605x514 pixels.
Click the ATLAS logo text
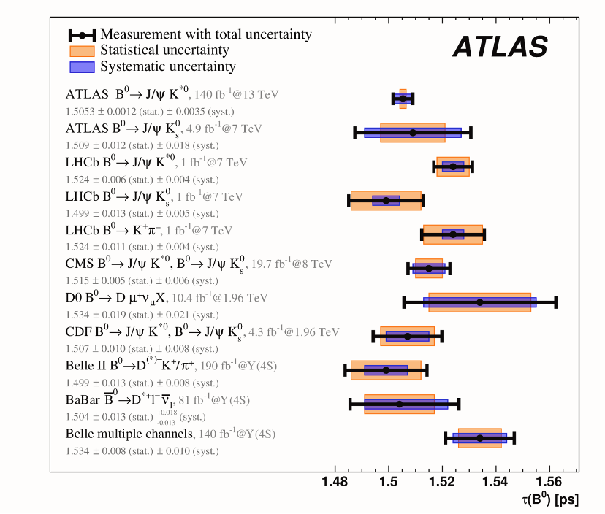pyautogui.click(x=500, y=47)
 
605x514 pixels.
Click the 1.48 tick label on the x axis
pyautogui.click(x=335, y=483)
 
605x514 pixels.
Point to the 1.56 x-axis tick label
pyautogui.click(x=548, y=483)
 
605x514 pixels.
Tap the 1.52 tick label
pyautogui.click(x=441, y=483)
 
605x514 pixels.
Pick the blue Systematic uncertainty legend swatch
pyautogui.click(x=82, y=67)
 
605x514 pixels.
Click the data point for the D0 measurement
pyautogui.click(x=480, y=302)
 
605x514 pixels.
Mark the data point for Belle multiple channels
pyautogui.click(x=480, y=438)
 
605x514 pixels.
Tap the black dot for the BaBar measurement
pyautogui.click(x=399, y=404)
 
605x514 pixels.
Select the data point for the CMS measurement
pyautogui.click(x=429, y=269)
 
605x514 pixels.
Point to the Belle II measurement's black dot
pyautogui.click(x=387, y=370)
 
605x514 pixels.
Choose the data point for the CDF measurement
pyautogui.click(x=408, y=337)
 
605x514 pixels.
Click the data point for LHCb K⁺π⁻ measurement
pyautogui.click(x=453, y=234)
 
